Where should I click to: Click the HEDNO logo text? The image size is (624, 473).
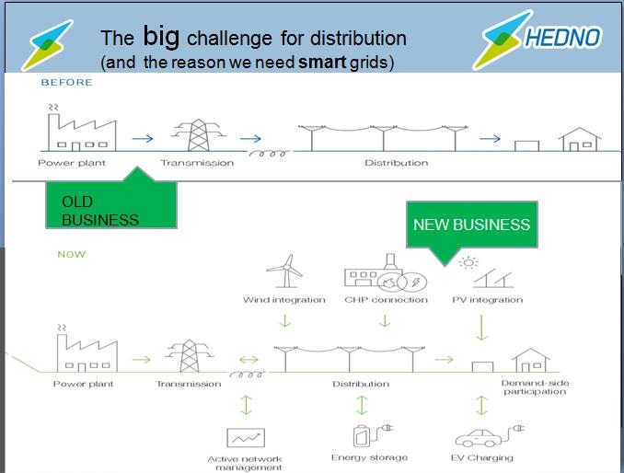[562, 38]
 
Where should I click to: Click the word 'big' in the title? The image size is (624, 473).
[161, 37]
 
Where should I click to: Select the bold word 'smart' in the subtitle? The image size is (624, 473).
[322, 62]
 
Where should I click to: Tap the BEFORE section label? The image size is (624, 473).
[67, 82]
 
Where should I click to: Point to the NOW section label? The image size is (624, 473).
[72, 254]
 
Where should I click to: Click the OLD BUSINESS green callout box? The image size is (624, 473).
[111, 203]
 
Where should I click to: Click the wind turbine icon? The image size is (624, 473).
[285, 271]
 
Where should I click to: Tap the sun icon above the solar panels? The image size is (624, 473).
[468, 262]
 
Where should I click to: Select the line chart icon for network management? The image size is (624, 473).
[246, 438]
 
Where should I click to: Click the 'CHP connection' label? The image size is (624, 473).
[386, 300]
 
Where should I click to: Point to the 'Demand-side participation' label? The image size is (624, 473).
[535, 387]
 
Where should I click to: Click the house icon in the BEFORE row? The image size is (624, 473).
[580, 139]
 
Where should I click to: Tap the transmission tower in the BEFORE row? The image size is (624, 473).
[198, 135]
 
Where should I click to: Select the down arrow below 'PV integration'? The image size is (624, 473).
[481, 328]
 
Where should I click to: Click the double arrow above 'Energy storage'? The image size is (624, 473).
[362, 405]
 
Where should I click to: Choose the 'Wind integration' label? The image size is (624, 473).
[284, 300]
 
